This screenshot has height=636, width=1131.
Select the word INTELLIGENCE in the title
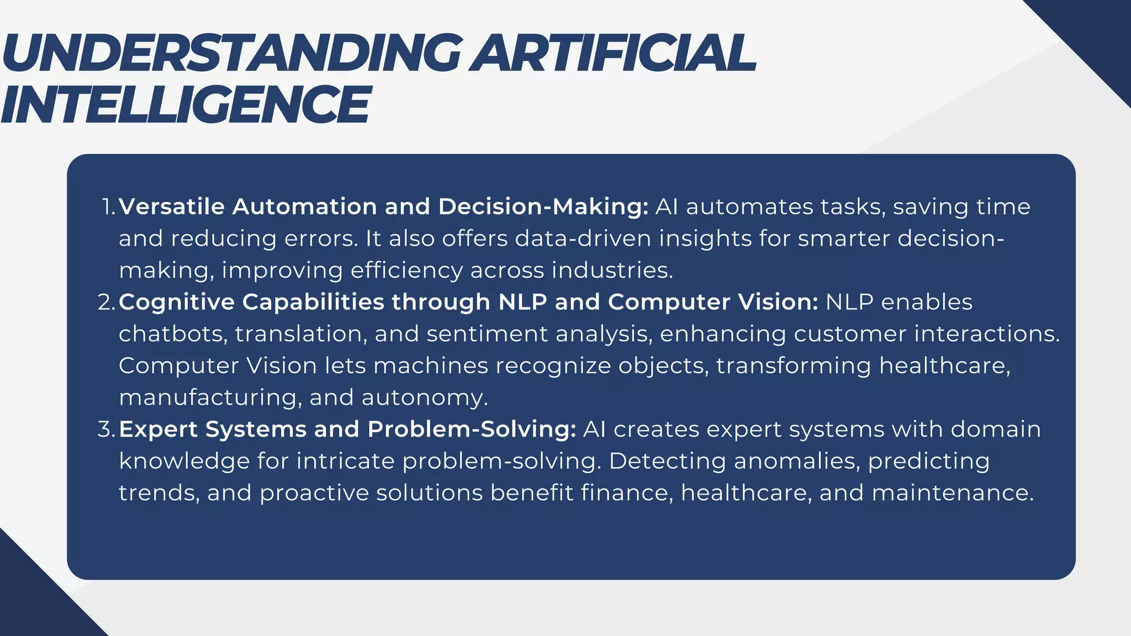click(185, 105)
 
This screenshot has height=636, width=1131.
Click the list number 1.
click(108, 207)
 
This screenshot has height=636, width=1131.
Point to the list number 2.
click(106, 303)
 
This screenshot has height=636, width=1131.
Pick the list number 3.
click(106, 430)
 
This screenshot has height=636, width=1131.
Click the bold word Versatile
click(171, 207)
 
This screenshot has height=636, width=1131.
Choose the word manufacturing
click(210, 398)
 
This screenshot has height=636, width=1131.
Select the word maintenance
click(952, 493)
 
